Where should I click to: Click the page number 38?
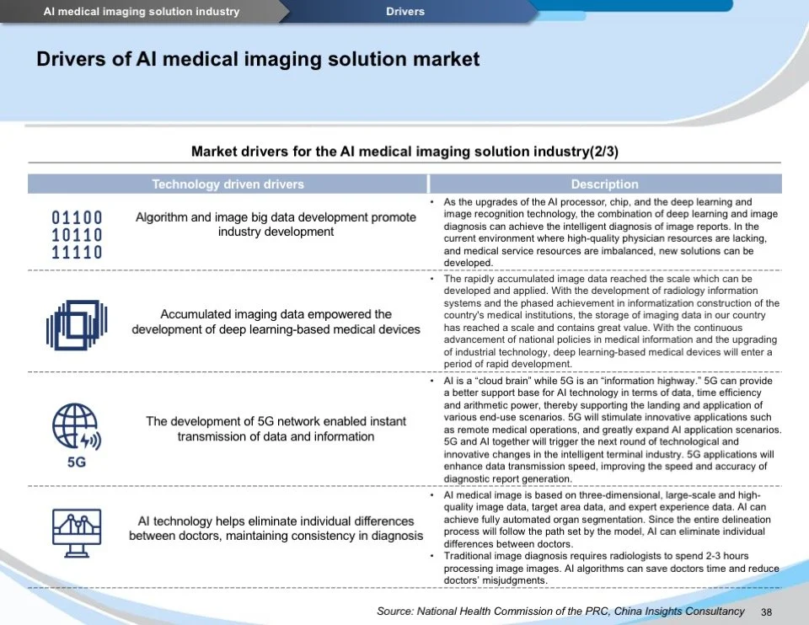coord(766,612)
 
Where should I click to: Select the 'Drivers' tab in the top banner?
coord(405,11)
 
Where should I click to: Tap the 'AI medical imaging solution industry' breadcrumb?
coord(142,11)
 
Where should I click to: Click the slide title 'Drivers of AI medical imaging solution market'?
coord(258,59)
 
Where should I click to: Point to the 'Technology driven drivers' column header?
coord(228,184)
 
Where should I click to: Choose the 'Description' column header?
coord(604,184)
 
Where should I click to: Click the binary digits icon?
coord(77,235)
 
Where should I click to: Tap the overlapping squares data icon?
coord(76,323)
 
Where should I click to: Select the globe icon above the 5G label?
coord(75,427)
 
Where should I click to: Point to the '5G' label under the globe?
coord(76,462)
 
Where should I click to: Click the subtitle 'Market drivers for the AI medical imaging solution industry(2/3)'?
coord(404,152)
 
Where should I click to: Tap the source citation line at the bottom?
coord(560,612)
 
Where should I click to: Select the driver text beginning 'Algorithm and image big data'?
coord(276,224)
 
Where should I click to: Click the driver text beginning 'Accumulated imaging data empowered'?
coord(276,322)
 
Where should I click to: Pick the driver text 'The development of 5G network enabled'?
coord(276,429)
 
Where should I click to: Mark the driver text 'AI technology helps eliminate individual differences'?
coord(276,528)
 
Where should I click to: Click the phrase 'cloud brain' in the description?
coord(509,381)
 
